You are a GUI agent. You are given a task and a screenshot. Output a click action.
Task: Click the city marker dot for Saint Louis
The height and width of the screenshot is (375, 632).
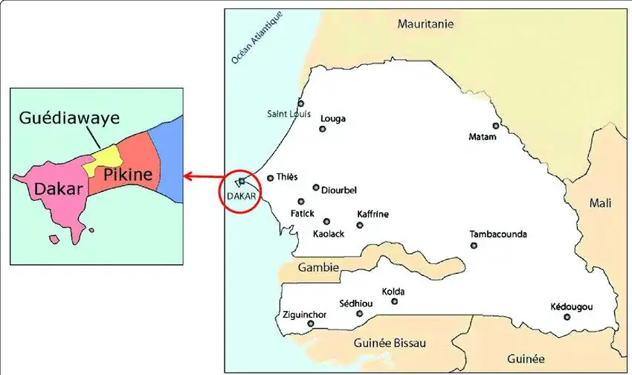coord(301,103)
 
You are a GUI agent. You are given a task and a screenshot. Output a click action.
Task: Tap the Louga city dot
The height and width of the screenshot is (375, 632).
coord(323,129)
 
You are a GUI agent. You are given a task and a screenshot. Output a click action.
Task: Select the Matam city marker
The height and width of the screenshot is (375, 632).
coord(496,126)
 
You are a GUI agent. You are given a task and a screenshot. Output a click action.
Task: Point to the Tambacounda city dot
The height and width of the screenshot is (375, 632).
coord(474,246)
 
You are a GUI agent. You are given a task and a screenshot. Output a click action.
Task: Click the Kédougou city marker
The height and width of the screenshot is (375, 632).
coord(567,317)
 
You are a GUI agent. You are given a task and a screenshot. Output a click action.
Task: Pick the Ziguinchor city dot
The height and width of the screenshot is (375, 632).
coord(311,324)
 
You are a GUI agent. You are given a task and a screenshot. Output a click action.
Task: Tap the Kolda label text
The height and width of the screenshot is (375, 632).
coord(393,291)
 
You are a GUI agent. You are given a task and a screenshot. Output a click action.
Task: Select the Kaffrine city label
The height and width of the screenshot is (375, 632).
coord(373,214)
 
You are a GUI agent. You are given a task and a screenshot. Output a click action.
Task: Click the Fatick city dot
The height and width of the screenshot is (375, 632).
coord(301,202)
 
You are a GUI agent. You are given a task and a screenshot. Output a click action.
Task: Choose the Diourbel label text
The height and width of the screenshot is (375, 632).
coord(339,190)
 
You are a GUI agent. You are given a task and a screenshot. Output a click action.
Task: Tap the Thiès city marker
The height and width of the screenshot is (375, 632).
coord(271,178)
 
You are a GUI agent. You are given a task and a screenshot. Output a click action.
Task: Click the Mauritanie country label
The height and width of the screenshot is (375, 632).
coord(425,24)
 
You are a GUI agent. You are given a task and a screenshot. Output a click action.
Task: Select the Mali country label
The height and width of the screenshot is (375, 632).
coord(600,202)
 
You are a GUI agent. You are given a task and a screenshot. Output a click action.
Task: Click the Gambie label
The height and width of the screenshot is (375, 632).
coord(318,267)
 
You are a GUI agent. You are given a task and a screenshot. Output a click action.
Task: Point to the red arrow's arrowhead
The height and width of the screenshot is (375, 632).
coord(187,176)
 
